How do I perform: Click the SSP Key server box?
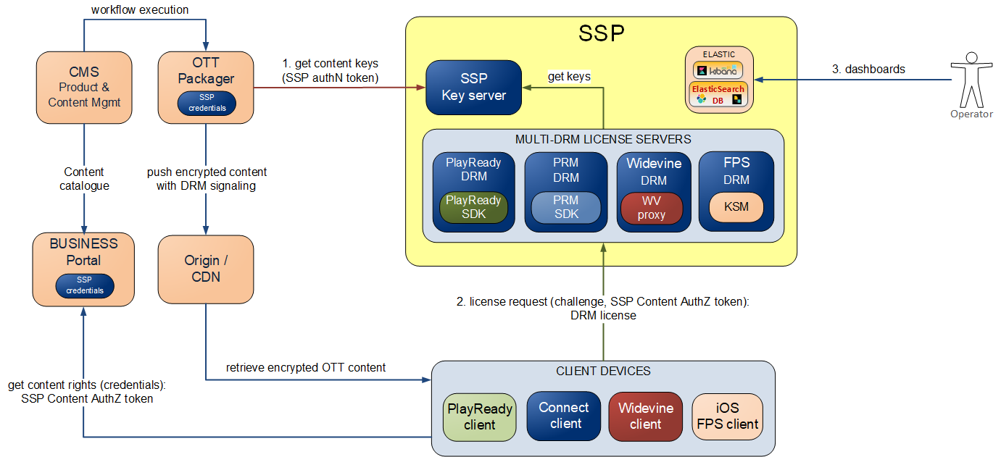pyautogui.click(x=473, y=87)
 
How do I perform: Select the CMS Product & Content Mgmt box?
pyautogui.click(x=83, y=87)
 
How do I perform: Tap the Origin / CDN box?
pyautogui.click(x=206, y=268)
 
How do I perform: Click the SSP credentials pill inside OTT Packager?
pyautogui.click(x=207, y=103)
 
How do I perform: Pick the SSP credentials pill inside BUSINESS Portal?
pyautogui.click(x=84, y=285)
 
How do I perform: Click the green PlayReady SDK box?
pyautogui.click(x=473, y=207)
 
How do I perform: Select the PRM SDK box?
pyautogui.click(x=566, y=207)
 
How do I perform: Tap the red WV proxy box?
pyautogui.click(x=652, y=207)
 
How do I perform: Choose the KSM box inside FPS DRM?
pyautogui.click(x=736, y=207)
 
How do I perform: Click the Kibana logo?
pyautogui.click(x=719, y=70)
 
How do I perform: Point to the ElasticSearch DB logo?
pyautogui.click(x=719, y=95)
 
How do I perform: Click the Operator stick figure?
pyautogui.click(x=971, y=80)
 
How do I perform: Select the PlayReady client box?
pyautogui.click(x=479, y=416)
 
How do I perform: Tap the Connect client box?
pyautogui.click(x=565, y=415)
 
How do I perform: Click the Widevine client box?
pyautogui.click(x=645, y=416)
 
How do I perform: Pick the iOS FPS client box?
pyautogui.click(x=727, y=416)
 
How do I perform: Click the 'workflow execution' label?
pyautogui.click(x=140, y=10)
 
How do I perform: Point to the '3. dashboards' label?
pyautogui.click(x=868, y=70)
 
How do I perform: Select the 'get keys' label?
pyautogui.click(x=569, y=76)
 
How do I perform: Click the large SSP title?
pyautogui.click(x=601, y=33)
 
